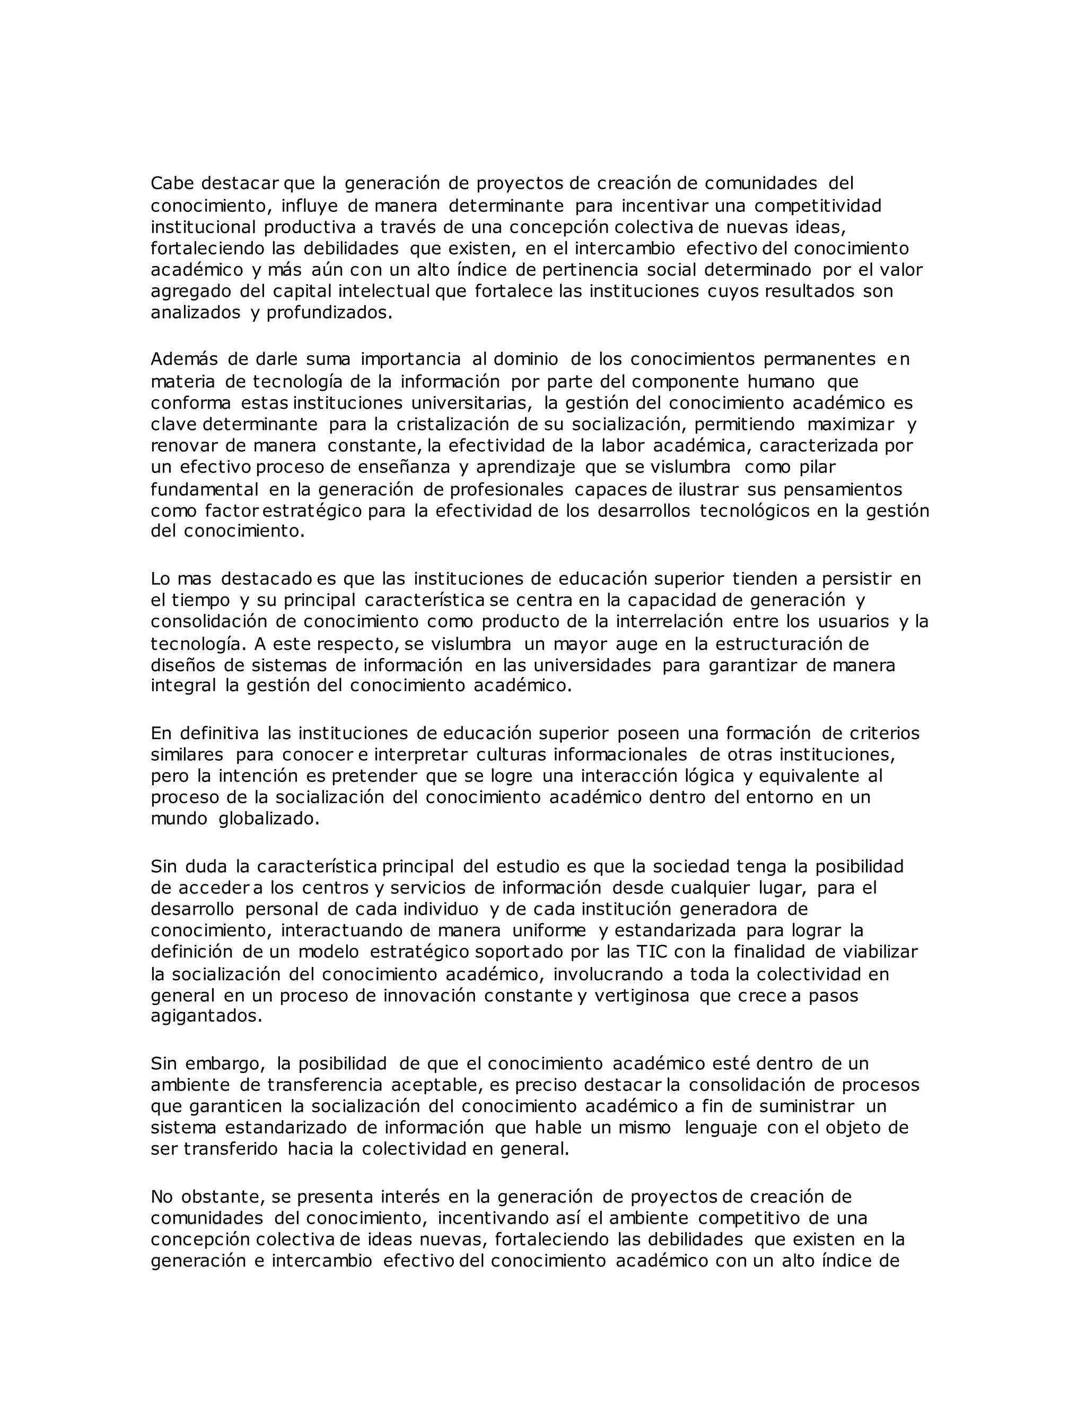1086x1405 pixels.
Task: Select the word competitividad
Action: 818,206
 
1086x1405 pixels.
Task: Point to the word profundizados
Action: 329,313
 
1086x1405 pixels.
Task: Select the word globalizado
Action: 269,820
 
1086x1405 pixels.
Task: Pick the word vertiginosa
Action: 642,996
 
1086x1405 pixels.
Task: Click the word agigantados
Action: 206,1016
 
